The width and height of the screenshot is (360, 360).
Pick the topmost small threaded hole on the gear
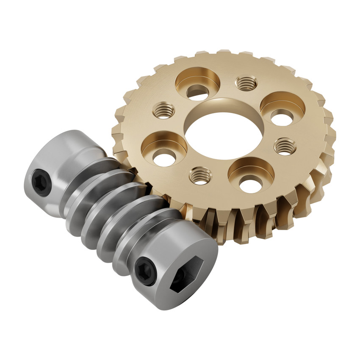click(246, 83)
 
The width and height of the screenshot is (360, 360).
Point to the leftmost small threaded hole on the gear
click(163, 111)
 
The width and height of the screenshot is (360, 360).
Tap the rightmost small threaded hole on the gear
click(285, 146)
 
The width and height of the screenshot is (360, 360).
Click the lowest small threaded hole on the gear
click(200, 175)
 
